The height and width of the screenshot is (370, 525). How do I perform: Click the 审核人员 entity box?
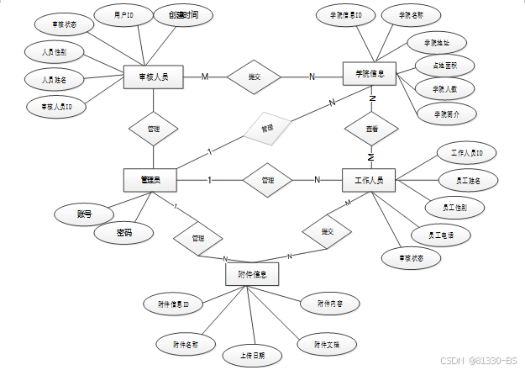click(153, 77)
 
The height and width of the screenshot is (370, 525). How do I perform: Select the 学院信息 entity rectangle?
click(370, 75)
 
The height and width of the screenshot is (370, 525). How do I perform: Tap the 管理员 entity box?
click(152, 179)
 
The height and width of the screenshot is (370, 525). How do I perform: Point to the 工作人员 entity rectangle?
click(370, 180)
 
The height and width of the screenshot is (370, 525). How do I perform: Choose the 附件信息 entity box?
click(252, 274)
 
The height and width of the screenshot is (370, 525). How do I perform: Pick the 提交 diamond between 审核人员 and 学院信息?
click(254, 77)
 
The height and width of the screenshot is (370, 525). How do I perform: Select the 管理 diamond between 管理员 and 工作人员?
click(267, 180)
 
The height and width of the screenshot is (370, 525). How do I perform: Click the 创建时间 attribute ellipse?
click(184, 15)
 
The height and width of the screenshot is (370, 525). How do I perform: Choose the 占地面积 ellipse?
click(445, 66)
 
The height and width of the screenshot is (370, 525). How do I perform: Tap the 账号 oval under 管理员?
click(84, 214)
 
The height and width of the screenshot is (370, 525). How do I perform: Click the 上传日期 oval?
click(252, 356)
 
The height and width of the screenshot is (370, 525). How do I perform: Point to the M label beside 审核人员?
click(205, 77)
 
